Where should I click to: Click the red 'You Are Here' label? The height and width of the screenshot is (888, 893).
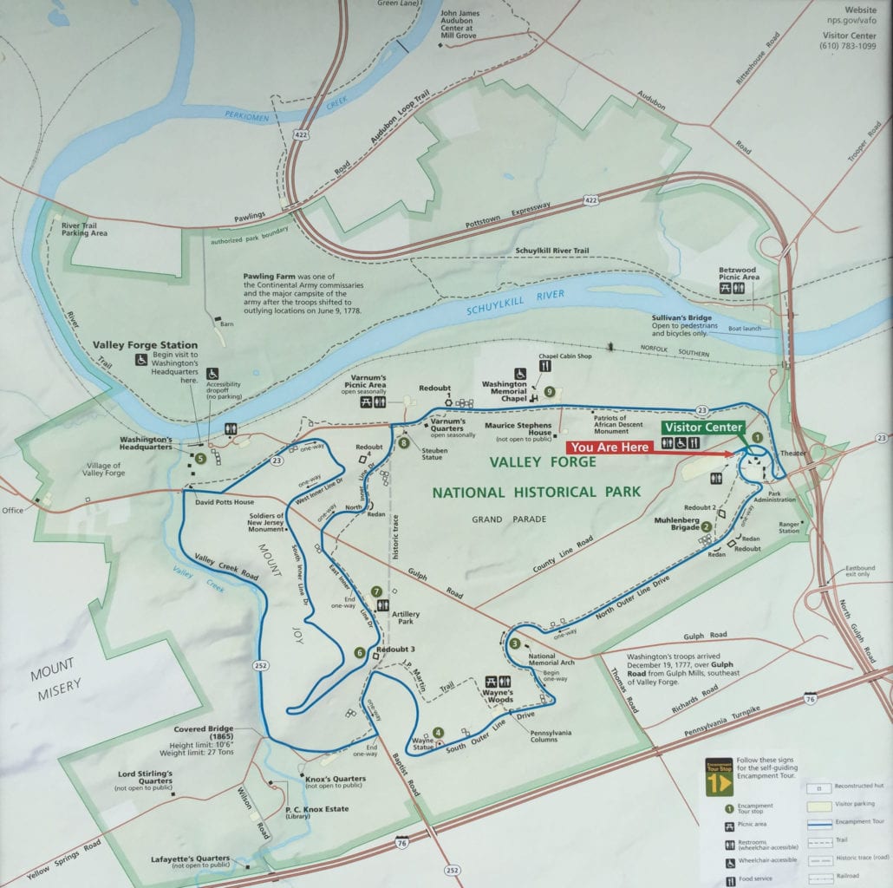click(x=609, y=446)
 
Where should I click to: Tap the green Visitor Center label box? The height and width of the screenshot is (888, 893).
click(x=703, y=427)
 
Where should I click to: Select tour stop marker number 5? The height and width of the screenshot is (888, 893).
click(x=200, y=458)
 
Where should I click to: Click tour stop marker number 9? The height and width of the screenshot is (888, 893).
click(x=549, y=391)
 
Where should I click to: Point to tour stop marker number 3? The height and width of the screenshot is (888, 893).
click(x=514, y=643)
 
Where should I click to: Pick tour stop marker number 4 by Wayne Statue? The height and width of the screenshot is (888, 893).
click(x=438, y=733)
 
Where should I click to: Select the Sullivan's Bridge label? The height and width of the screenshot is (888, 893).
click(x=681, y=317)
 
